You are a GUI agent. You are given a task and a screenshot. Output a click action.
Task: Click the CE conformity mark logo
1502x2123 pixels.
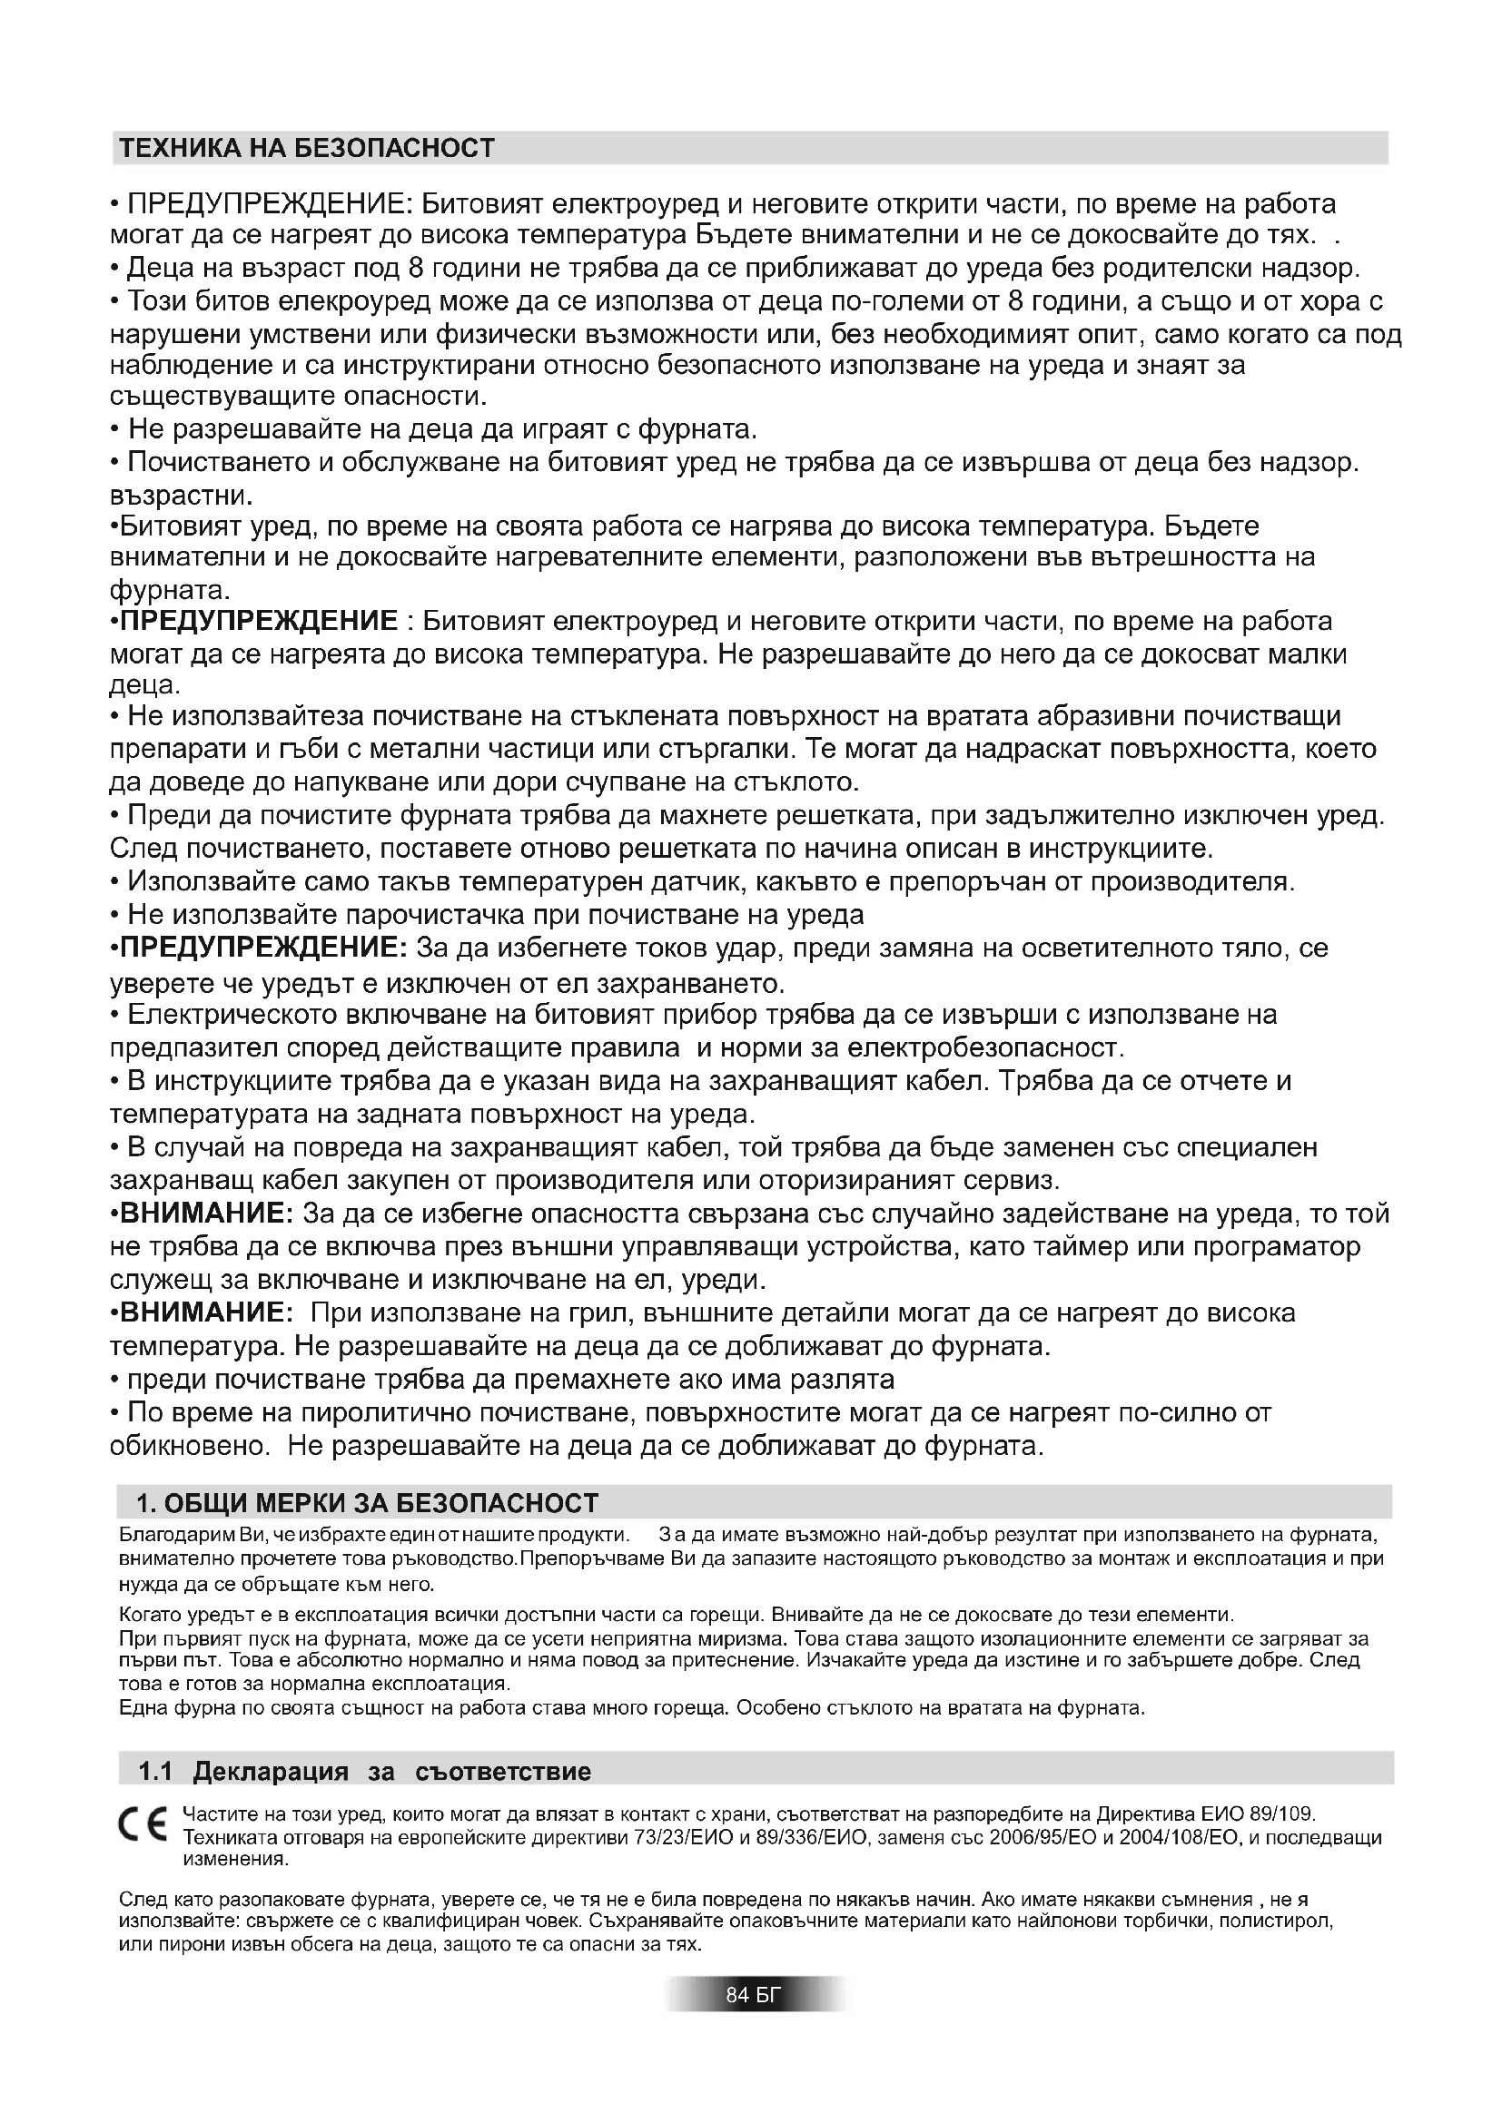pos(142,1823)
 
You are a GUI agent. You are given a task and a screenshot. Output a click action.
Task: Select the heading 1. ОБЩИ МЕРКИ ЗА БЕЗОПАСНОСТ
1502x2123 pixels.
pos(368,1502)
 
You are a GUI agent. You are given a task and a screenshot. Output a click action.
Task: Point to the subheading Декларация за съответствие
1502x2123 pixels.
pos(392,1772)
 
